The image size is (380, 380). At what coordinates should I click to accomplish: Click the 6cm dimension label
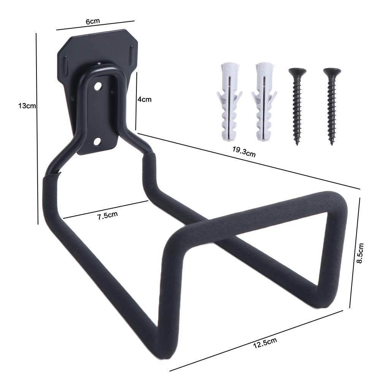[x=93, y=21]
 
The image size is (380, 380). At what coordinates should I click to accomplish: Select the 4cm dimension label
[x=144, y=99]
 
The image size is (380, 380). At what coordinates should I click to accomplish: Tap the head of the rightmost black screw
[x=332, y=71]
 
